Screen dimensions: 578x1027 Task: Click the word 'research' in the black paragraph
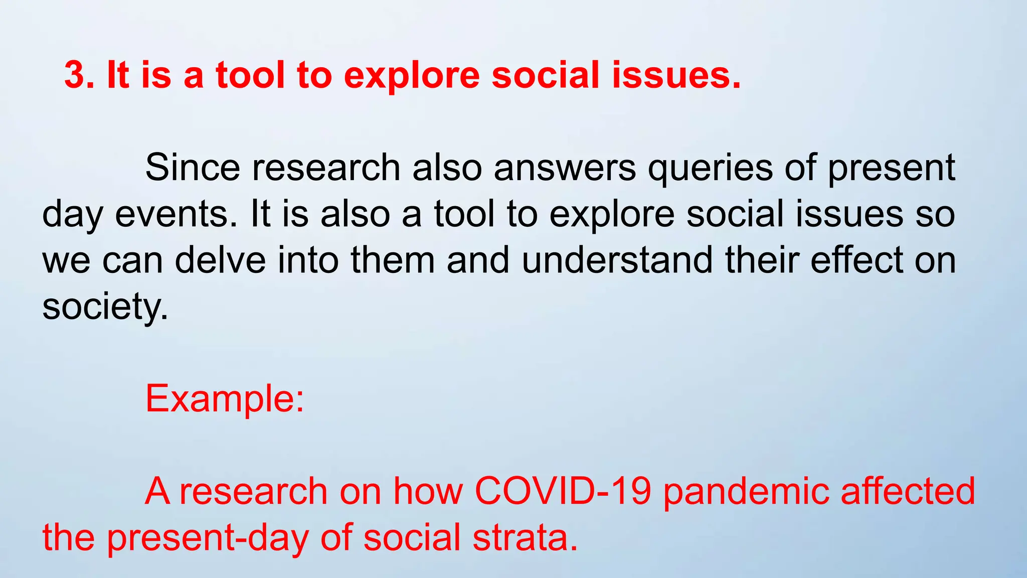(326, 168)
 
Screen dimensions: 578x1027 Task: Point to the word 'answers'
(565, 168)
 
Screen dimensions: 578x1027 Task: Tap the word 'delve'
(220, 260)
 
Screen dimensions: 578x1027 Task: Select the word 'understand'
(617, 260)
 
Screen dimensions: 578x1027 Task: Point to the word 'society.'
(105, 307)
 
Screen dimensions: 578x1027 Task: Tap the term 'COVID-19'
(563, 491)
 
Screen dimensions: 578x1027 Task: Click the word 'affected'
(908, 491)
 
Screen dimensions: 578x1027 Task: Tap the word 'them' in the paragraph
(392, 260)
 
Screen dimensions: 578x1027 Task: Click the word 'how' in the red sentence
(428, 491)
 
